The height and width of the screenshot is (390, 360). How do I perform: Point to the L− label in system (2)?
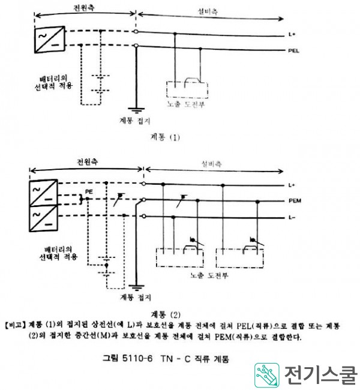(x=293, y=217)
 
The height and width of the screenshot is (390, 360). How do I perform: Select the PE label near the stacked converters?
(x=89, y=191)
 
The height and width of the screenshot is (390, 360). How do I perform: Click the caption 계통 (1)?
(x=167, y=137)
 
